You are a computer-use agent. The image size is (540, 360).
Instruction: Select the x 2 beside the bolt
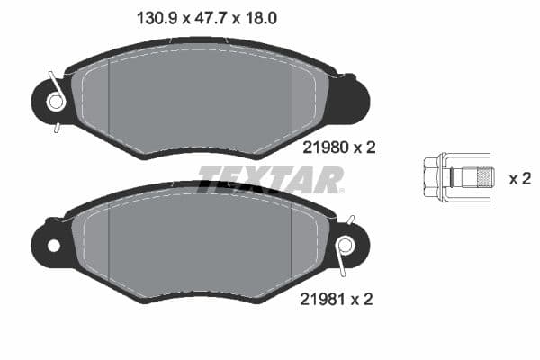click(519, 178)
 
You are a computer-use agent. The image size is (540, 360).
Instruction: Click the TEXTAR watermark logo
click(270, 179)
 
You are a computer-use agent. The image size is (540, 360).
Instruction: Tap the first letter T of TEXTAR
click(210, 179)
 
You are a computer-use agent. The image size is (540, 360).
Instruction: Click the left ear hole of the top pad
click(55, 102)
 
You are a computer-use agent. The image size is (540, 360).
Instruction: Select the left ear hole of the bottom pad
click(53, 245)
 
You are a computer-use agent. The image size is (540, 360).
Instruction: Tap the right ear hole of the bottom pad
click(345, 245)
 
